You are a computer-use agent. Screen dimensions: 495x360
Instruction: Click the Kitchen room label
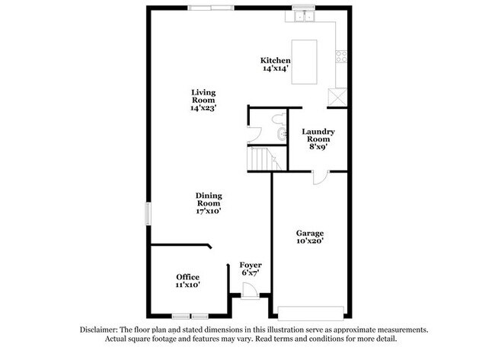pyautogui.click(x=275, y=60)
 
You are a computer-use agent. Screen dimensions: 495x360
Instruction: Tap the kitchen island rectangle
pyautogui.click(x=304, y=62)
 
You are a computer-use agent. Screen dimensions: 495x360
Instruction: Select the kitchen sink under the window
pyautogui.click(x=304, y=16)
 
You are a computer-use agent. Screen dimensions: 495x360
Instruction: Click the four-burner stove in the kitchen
pyautogui.click(x=341, y=56)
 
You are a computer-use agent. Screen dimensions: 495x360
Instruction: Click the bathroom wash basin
pyautogui.click(x=281, y=135)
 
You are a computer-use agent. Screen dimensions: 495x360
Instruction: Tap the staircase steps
pyautogui.click(x=264, y=159)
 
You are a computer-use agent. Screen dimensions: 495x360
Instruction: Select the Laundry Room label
pyautogui.click(x=318, y=135)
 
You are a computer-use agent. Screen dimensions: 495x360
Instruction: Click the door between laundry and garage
pyautogui.click(x=321, y=177)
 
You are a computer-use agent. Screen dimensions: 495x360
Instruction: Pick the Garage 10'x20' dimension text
pyautogui.click(x=310, y=241)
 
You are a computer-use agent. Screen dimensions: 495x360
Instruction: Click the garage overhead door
pyautogui.click(x=311, y=313)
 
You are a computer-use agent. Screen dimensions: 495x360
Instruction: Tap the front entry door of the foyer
pyautogui.click(x=250, y=292)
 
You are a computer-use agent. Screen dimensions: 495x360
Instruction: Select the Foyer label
pyautogui.click(x=251, y=265)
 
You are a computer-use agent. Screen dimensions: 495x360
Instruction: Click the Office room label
pyautogui.click(x=188, y=277)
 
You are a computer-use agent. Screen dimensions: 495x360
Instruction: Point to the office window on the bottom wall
pyautogui.click(x=190, y=316)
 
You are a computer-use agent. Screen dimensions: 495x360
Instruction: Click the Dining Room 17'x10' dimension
pyautogui.click(x=209, y=211)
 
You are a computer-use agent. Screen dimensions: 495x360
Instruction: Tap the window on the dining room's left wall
pyautogui.click(x=148, y=214)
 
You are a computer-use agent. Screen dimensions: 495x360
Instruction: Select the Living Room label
pyautogui.click(x=203, y=96)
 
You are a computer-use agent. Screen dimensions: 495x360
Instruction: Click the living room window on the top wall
pyautogui.click(x=210, y=8)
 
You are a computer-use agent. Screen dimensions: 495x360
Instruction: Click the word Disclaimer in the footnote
pyautogui.click(x=99, y=330)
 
